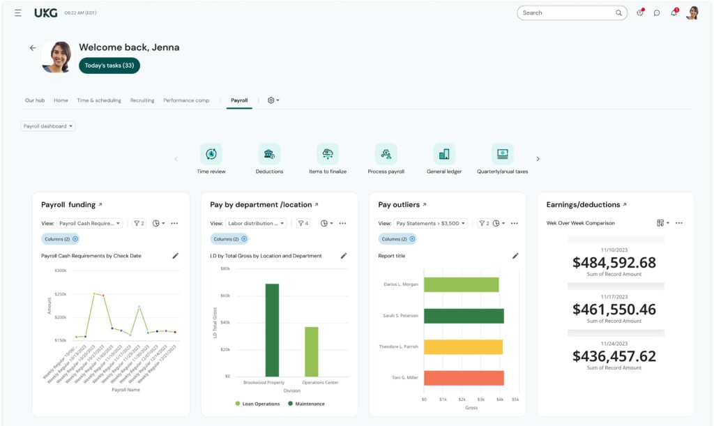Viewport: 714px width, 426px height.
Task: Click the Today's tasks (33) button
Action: [109, 66]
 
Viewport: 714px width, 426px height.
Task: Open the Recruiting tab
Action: [142, 100]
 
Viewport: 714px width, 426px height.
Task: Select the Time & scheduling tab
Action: [99, 100]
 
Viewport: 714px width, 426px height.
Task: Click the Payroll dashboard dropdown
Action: [48, 126]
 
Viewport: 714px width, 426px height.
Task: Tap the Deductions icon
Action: [269, 154]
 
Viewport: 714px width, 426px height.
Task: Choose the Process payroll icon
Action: [386, 154]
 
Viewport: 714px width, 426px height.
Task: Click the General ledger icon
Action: [444, 154]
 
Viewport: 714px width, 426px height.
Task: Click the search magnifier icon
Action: [618, 13]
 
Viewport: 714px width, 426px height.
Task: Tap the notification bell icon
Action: [674, 13]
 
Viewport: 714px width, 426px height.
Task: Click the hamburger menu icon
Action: [18, 13]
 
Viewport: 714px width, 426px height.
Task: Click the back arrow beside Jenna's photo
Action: [33, 48]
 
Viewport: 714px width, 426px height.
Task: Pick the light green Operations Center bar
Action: [311, 351]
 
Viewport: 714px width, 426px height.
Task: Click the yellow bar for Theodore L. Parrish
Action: [463, 347]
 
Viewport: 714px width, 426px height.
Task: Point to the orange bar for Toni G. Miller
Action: [464, 378]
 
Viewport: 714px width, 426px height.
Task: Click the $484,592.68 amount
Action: [614, 263]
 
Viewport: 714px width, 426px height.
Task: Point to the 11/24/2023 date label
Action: [614, 343]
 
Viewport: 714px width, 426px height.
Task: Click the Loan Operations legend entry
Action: [257, 404]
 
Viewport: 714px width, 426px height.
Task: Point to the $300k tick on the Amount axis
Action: [60, 271]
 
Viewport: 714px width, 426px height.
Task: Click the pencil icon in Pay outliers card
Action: [515, 256]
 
